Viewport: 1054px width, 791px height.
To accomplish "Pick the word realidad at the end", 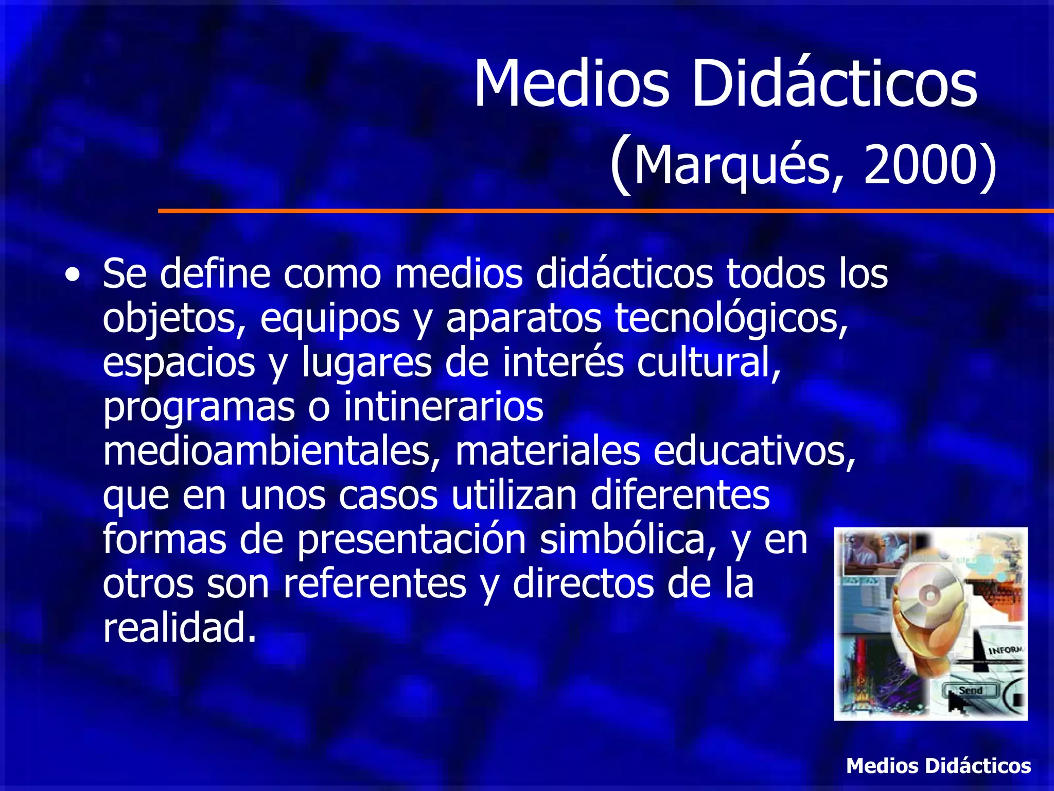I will coord(179,628).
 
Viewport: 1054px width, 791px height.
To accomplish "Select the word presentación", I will coord(412,540).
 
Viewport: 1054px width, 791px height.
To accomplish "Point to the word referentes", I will coord(375,584).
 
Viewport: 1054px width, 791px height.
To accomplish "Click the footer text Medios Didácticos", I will coord(938,766).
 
